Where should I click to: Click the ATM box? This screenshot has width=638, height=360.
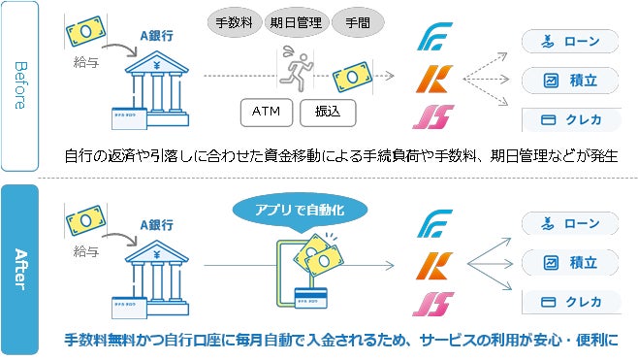(266, 114)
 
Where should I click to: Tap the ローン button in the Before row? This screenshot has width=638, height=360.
(569, 42)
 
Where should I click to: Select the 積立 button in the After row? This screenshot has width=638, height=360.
(569, 261)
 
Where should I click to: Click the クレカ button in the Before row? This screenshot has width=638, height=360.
(569, 119)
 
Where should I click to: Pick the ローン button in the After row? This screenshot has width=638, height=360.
(569, 223)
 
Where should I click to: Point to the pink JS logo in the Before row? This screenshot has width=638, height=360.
(434, 116)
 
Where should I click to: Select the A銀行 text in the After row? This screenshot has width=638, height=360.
(156, 224)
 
